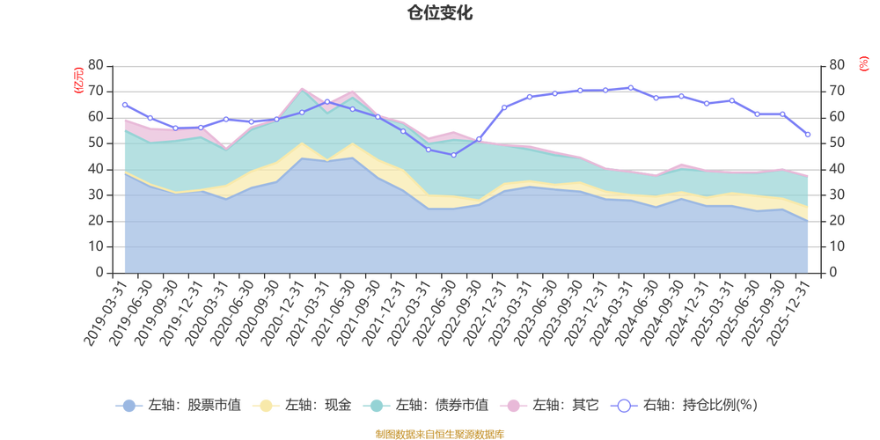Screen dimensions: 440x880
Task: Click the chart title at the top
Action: pos(439,12)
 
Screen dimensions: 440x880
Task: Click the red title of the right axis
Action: pos(862,63)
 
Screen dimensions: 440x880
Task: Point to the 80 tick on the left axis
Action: pos(96,64)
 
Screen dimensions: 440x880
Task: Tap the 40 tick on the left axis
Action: pos(96,168)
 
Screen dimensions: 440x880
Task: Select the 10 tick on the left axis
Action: pos(96,246)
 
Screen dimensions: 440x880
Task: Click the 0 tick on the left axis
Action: pos(99,273)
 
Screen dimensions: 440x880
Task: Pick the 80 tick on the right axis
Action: pos(835,64)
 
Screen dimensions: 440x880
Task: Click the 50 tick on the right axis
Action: pos(835,143)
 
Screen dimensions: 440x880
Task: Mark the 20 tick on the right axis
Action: pos(835,221)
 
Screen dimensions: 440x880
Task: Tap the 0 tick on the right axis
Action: pos(832,273)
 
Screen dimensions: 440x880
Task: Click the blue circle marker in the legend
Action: pos(128,406)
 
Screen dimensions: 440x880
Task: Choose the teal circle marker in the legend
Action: pos(378,406)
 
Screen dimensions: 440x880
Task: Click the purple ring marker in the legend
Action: pos(624,406)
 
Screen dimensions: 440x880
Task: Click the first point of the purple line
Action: pos(124,104)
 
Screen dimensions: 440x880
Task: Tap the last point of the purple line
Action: pos(808,135)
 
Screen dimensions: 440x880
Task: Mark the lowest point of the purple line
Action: pos(453,155)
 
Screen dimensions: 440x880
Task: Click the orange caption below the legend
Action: pos(439,432)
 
